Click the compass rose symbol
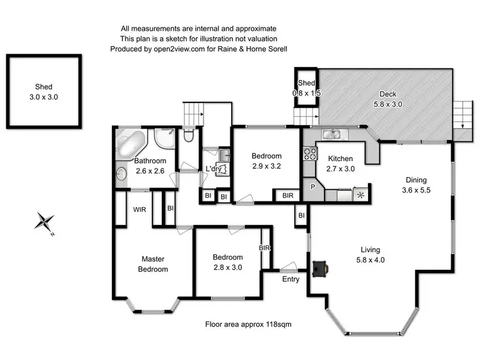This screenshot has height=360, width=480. pos(45,223)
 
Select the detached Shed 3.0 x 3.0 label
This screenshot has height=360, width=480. pos(44,92)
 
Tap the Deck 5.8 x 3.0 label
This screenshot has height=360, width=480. pos(387,99)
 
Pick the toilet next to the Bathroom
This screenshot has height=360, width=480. pos(187,136)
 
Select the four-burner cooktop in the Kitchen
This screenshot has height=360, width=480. pos(310,153)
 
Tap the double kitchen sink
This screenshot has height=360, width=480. pos(332,134)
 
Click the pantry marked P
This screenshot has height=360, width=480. pos(313,187)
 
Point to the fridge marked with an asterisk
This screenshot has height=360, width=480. pos(362,194)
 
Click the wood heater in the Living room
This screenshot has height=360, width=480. pos(320,269)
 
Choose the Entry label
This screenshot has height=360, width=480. pos(291,279)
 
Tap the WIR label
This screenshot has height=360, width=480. pos(141,209)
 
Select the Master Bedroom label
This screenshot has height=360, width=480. pos(154,264)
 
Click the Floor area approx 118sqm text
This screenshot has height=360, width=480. pos(248,324)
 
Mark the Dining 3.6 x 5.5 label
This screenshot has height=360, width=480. pos(415,185)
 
